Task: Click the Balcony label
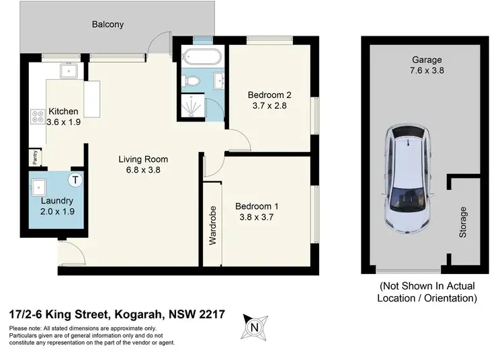coord(108,25)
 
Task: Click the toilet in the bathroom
coord(192,81)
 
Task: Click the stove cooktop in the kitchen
coord(36,120)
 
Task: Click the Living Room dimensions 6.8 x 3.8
coord(143,171)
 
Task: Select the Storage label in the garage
coord(462,222)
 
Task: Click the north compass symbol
coord(254,327)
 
